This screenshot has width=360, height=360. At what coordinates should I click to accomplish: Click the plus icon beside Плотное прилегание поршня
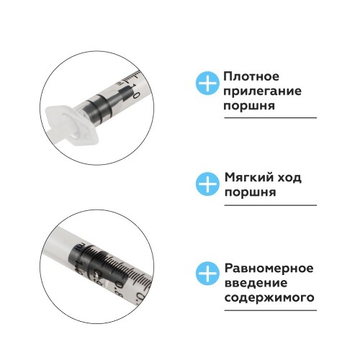(x=207, y=83)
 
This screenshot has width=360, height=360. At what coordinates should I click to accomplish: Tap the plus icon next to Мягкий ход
(x=207, y=184)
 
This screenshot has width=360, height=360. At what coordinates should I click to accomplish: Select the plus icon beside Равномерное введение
(x=207, y=274)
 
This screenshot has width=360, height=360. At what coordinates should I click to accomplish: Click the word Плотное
(x=251, y=76)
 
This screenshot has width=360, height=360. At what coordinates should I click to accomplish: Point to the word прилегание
(x=263, y=91)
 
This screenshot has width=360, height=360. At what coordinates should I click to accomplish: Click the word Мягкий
(x=249, y=178)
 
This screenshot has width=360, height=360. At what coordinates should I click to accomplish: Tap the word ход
(x=290, y=178)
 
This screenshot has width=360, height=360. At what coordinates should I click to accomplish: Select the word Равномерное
(x=269, y=269)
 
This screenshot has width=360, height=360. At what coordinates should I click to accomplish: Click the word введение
(x=256, y=283)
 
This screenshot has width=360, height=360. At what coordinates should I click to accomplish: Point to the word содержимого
(x=269, y=298)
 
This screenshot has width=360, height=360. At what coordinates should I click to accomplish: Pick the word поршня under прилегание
(x=249, y=106)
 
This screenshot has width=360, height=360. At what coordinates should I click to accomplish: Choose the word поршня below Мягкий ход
(x=250, y=193)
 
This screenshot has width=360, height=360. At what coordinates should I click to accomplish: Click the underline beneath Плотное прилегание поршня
(x=271, y=118)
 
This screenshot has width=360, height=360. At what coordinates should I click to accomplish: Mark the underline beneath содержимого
(x=271, y=310)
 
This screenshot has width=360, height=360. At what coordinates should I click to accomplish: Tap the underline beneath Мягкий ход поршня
(x=271, y=205)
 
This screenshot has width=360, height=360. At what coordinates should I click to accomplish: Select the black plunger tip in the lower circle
(x=99, y=266)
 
